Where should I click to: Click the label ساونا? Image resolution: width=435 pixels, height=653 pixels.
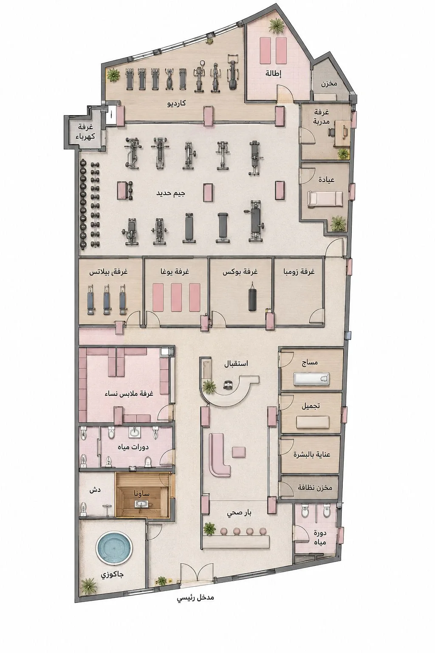[141, 493]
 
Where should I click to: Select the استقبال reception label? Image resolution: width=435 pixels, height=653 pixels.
[236, 363]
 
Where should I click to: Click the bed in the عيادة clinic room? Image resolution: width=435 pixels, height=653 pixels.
[325, 199]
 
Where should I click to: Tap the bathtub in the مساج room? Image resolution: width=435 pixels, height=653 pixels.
[311, 379]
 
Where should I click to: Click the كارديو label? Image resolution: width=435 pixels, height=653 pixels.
[177, 103]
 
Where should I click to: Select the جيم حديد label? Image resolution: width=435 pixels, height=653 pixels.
[171, 193]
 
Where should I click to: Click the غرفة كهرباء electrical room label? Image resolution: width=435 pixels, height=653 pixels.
[85, 132]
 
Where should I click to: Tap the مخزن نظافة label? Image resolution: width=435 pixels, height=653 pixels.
[315, 487]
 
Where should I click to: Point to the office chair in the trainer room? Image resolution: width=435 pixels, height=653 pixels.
[331, 132]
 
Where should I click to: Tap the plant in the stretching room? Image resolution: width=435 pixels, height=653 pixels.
[276, 26]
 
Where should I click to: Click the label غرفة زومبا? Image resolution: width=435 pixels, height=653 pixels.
[299, 271]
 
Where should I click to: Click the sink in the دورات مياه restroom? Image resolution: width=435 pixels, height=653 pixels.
[134, 432]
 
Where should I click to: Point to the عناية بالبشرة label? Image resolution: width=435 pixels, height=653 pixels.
[312, 454]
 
